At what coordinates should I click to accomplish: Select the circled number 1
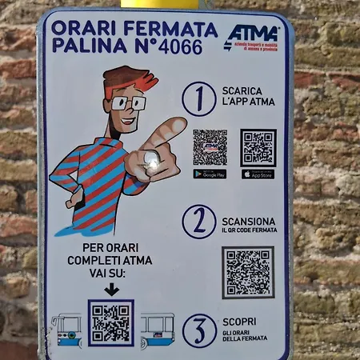[x=198, y=99]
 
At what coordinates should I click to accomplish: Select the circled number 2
[x=198, y=221]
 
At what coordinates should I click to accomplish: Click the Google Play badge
[x=210, y=174]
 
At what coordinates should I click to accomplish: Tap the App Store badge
[x=258, y=174]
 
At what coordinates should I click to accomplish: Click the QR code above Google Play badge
[x=210, y=147]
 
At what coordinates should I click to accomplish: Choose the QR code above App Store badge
[x=258, y=147]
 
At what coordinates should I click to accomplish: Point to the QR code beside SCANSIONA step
[x=247, y=272]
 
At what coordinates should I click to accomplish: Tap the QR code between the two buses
[x=110, y=322]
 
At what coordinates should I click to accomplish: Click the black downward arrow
[x=110, y=288]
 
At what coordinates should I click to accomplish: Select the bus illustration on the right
[x=157, y=329]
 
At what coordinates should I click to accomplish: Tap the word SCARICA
[x=242, y=90]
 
